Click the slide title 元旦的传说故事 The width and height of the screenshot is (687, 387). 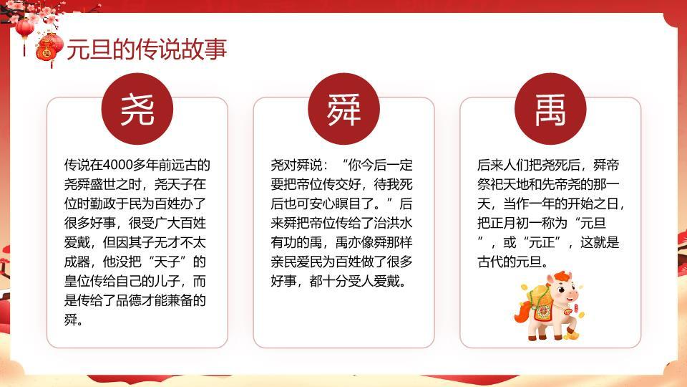click(x=147, y=49)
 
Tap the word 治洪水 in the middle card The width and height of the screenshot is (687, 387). click(x=411, y=224)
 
